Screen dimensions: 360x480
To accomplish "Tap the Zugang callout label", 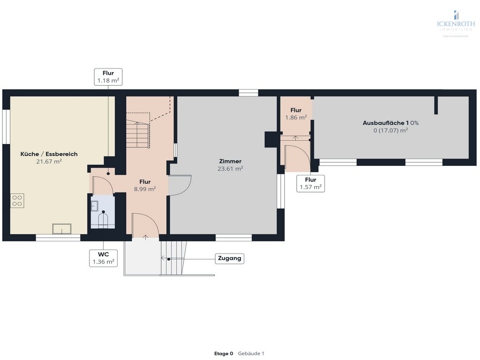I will (230, 258).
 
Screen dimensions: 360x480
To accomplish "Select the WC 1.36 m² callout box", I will (104, 258).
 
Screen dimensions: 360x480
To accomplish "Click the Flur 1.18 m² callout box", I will (108, 77).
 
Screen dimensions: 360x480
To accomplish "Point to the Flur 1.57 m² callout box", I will (310, 183).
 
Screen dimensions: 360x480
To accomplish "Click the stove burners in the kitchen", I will (17, 201).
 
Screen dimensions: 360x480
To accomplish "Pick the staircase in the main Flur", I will (137, 133).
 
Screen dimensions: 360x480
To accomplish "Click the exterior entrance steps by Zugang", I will (173, 258).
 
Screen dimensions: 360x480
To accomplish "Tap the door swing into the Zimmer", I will (180, 185).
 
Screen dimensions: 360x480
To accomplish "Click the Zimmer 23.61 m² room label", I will (230, 165).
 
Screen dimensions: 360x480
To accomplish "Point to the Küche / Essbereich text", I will (49, 154).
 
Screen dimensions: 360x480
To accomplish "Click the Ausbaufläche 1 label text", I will (390, 123).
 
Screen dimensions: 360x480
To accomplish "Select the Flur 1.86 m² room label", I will (296, 114).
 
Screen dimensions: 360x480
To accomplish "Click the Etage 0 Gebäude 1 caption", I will (240, 353).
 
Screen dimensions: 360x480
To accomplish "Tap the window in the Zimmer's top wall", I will (248, 93).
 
